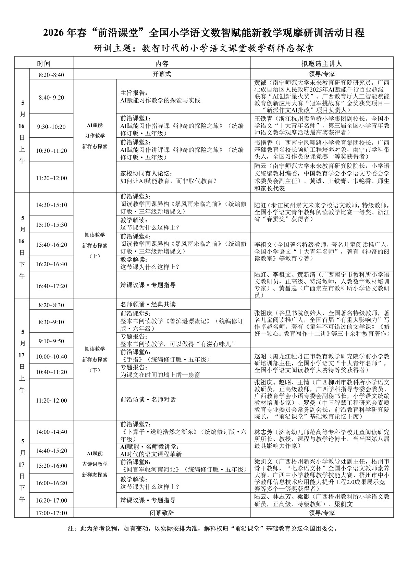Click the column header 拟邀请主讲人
[321, 64]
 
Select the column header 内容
[162, 64]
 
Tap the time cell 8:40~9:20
[51, 97]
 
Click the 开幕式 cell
[162, 74]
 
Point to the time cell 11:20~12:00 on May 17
[51, 400]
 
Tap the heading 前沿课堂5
[135, 314]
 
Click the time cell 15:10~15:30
[51, 225]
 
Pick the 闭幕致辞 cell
[162, 513]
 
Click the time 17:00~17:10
[51, 513]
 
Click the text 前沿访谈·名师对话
[148, 400]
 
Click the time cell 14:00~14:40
[51, 432]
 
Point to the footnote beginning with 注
[203, 528]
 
